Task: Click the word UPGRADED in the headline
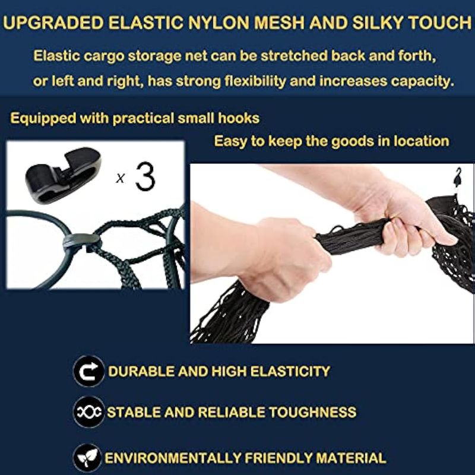(x=53, y=23)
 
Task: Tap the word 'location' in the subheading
(x=422, y=141)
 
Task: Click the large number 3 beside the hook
(x=145, y=176)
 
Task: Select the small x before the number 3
(x=121, y=178)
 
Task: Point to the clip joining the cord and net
(x=82, y=240)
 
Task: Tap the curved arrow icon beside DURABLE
(x=88, y=370)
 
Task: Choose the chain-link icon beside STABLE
(x=88, y=411)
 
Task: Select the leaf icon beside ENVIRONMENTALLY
(x=88, y=458)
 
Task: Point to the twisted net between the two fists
(x=349, y=236)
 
